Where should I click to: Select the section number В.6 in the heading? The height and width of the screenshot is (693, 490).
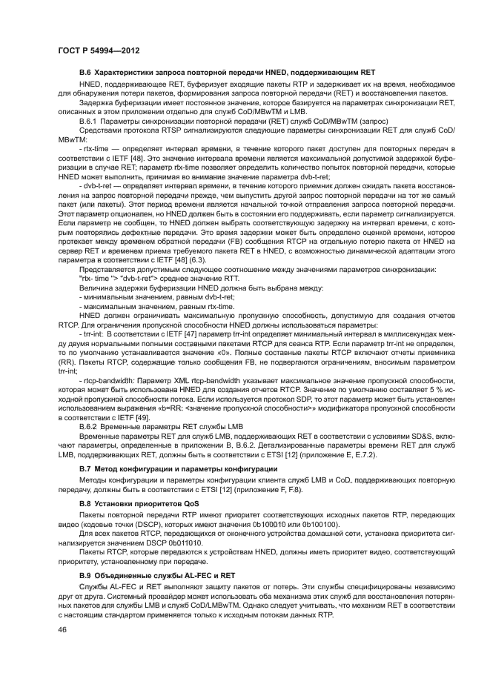coord(85,72)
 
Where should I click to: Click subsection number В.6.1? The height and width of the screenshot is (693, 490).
coord(90,119)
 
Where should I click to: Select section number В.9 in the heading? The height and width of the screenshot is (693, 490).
coord(85,574)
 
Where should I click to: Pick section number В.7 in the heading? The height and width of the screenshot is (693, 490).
coord(85,469)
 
